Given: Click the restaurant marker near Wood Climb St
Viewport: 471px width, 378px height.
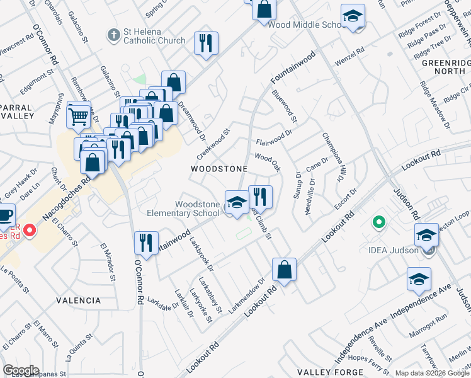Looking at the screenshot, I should pyautogui.click(x=260, y=197).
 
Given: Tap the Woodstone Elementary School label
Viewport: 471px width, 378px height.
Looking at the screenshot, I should pyautogui.click(x=197, y=209).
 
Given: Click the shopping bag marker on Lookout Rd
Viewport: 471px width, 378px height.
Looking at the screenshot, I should pyautogui.click(x=285, y=270).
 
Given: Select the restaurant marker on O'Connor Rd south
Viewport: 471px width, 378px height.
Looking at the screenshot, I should pyautogui.click(x=146, y=244).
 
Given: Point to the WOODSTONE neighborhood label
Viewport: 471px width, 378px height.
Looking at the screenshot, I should pyautogui.click(x=219, y=169).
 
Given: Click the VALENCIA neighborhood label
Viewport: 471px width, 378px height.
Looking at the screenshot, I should pyautogui.click(x=78, y=301).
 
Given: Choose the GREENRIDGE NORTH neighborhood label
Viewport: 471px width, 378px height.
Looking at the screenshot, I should pyautogui.click(x=442, y=67).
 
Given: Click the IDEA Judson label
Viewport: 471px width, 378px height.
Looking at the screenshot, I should pyautogui.click(x=394, y=250).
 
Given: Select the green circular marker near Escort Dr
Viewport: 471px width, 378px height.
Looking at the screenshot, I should pyautogui.click(x=378, y=222).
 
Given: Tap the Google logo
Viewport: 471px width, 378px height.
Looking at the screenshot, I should pyautogui.click(x=21, y=370).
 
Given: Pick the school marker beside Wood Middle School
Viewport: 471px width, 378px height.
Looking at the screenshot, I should pyautogui.click(x=353, y=17).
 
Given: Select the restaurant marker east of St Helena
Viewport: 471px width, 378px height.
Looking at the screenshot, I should pyautogui.click(x=206, y=43).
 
